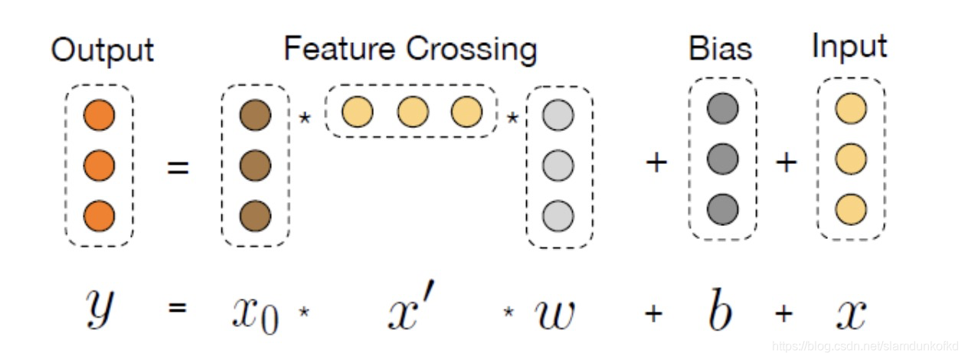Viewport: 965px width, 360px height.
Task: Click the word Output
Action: click(102, 51)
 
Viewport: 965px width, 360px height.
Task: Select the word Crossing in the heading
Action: click(472, 49)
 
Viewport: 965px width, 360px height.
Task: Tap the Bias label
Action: click(720, 49)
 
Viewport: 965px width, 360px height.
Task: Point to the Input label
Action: click(849, 47)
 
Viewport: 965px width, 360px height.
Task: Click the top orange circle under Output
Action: click(100, 116)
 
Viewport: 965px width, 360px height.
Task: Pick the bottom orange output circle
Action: click(100, 215)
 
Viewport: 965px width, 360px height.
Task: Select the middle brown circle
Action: click(255, 165)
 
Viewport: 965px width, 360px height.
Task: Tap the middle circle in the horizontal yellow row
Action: click(413, 113)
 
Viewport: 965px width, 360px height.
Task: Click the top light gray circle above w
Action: click(558, 116)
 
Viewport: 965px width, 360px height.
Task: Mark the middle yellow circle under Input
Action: click(851, 159)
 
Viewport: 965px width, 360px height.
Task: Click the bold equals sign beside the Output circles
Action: click(178, 165)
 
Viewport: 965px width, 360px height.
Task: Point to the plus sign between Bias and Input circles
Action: click(787, 162)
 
